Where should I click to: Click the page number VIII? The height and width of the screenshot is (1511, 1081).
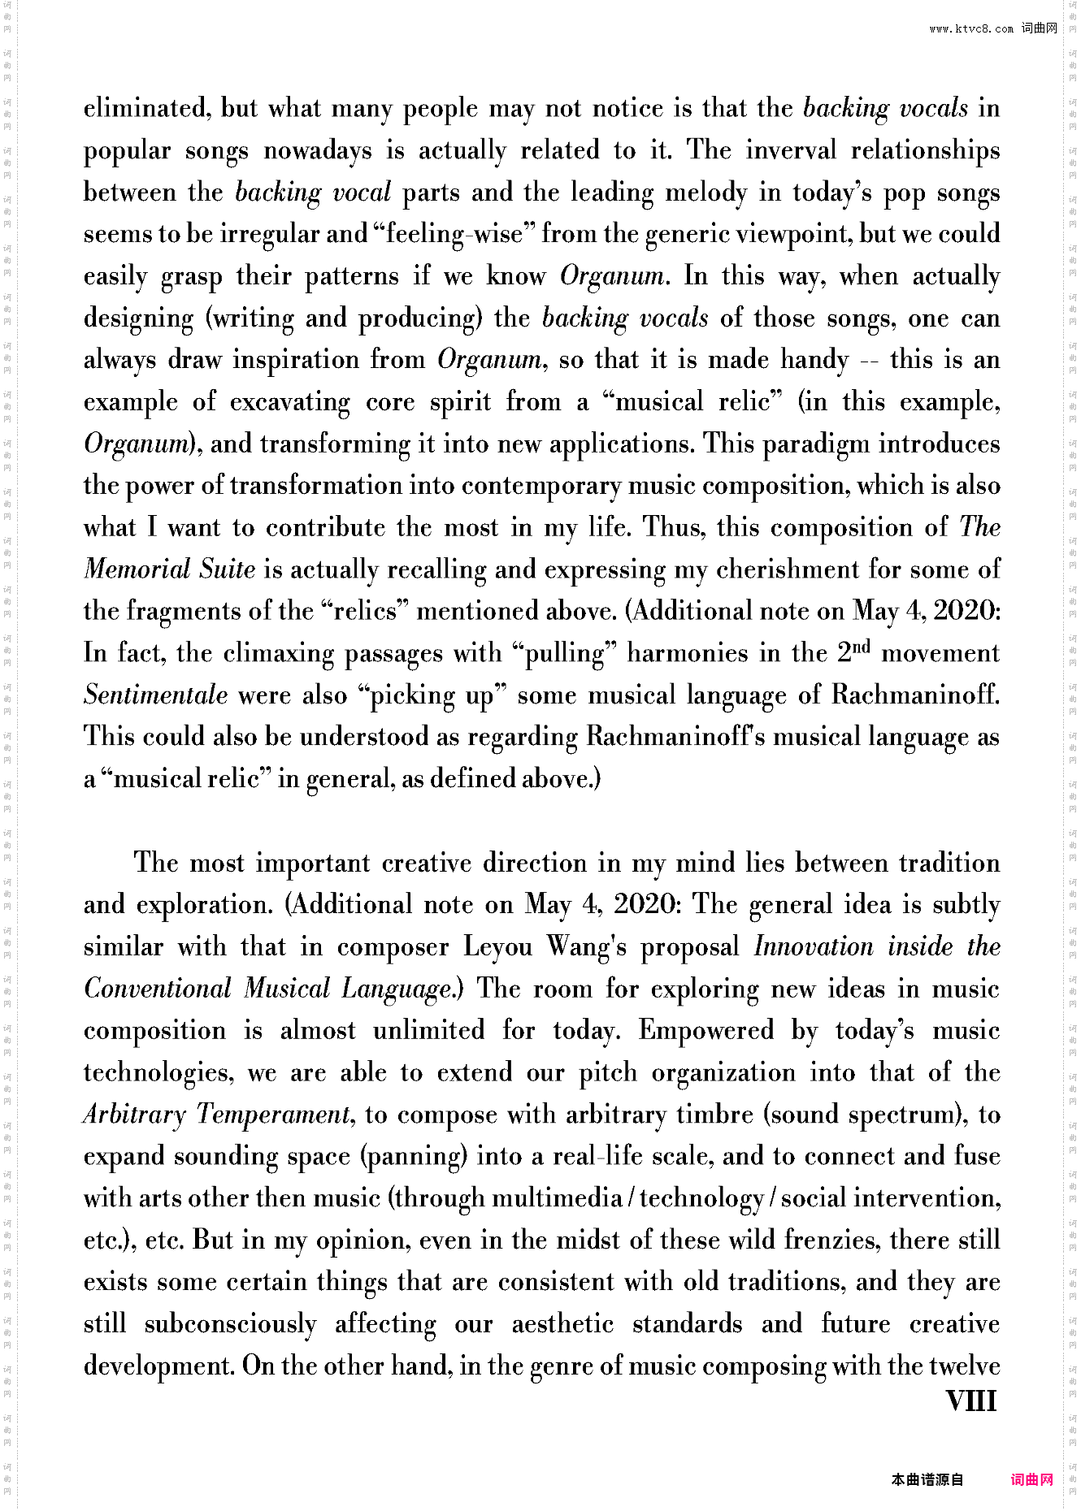pos(971,1401)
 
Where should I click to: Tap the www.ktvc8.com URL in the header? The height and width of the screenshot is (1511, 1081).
pos(971,28)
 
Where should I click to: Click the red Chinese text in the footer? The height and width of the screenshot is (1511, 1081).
pos(1031,1479)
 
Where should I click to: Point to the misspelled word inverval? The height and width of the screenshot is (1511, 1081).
pos(791,150)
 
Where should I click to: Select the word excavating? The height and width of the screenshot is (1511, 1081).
pos(290,402)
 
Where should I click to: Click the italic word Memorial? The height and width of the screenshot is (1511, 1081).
pos(137,569)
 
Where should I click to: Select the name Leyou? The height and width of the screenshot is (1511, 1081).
pos(498,947)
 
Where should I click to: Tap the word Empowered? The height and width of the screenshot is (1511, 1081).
pos(705,1031)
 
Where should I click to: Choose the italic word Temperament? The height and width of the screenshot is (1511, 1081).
pos(274,1115)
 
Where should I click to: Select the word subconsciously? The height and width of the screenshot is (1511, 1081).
pos(230,1324)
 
